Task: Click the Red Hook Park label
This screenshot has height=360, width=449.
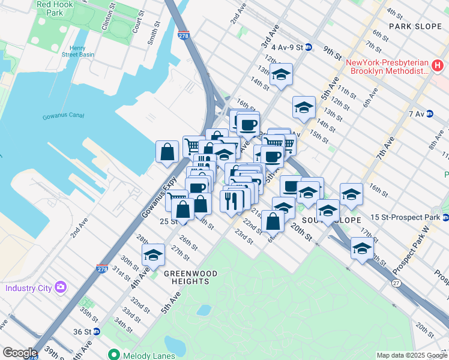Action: click(x=50, y=8)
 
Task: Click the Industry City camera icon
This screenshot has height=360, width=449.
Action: click(x=60, y=287)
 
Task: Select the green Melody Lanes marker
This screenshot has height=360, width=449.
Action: click(x=112, y=355)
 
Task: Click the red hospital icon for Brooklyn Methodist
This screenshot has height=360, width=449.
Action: click(x=439, y=64)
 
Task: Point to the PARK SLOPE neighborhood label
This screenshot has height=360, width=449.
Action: click(x=414, y=26)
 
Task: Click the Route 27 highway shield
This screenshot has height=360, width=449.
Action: click(x=396, y=283)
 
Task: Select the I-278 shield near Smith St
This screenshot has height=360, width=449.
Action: click(x=184, y=37)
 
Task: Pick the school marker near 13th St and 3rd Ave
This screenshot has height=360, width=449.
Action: click(x=280, y=75)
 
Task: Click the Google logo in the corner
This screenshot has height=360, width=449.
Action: click(x=20, y=353)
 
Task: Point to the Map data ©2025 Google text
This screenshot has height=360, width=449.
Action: click(x=411, y=355)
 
